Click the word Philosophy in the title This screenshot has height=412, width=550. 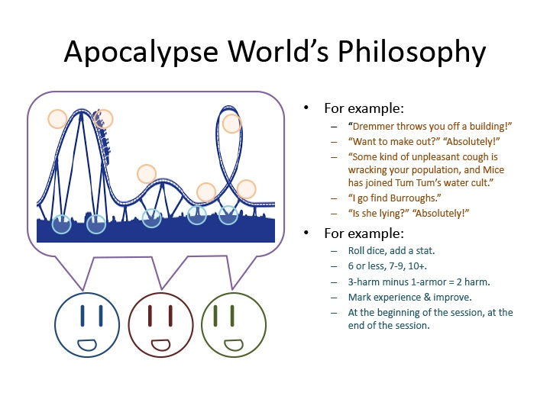412,52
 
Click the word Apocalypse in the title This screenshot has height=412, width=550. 141,52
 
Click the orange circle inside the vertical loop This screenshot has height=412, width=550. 231,124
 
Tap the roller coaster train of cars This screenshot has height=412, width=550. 102,137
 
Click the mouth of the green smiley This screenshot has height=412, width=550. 234,345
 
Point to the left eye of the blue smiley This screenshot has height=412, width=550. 82,316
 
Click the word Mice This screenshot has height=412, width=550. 493,170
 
